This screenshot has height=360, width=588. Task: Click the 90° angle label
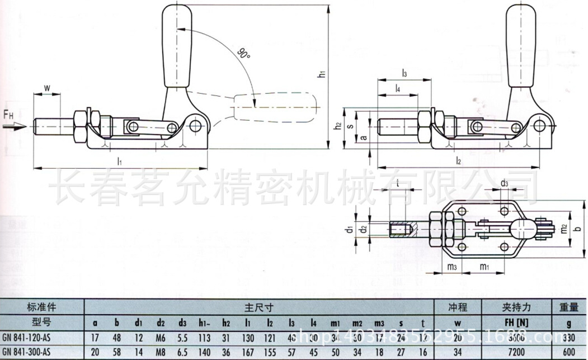coord(243,54)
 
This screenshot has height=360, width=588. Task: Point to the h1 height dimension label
coord(323,74)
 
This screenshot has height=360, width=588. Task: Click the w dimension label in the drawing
coord(47,88)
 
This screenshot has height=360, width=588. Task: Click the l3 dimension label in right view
coord(404,73)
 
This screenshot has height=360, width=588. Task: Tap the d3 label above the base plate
coord(504,183)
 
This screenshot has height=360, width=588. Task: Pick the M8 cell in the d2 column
coord(161,352)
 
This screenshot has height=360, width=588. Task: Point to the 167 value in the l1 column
coord(248,352)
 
